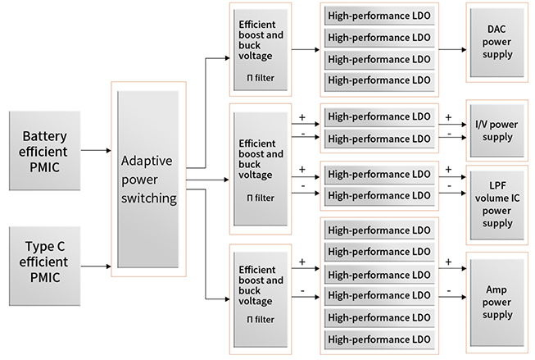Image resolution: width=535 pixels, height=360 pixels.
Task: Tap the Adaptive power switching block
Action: click(148, 181)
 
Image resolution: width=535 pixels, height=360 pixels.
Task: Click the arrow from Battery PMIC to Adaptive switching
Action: click(97, 151)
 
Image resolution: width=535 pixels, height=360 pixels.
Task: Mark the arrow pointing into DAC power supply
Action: click(451, 49)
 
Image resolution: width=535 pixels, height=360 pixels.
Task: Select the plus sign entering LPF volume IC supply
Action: click(448, 169)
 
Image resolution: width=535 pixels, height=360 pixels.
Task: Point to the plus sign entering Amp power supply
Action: click(448, 262)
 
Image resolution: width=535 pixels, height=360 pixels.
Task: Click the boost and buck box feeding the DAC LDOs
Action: click(261, 49)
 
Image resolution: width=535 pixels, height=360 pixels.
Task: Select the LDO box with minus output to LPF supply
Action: click(379, 195)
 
